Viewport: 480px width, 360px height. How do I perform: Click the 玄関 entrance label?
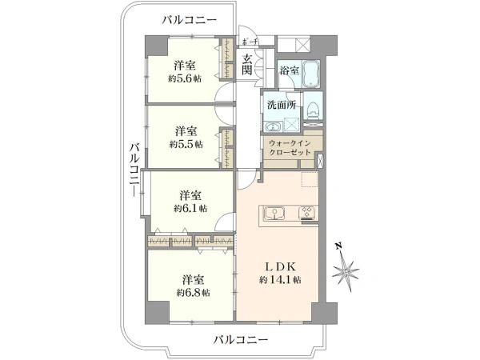[246, 65]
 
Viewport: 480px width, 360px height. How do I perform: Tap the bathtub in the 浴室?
[311, 73]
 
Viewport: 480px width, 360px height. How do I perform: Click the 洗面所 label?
[282, 105]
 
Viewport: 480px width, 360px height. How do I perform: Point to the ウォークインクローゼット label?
[290, 147]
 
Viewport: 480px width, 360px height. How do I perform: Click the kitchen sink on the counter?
[274, 213]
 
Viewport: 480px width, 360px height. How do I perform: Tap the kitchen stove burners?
[307, 212]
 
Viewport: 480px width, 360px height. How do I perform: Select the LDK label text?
[280, 266]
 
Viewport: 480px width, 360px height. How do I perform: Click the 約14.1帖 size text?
[280, 279]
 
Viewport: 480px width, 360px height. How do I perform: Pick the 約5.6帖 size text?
[185, 78]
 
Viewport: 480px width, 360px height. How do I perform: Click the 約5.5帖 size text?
[186, 143]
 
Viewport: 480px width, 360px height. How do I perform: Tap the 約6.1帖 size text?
[190, 209]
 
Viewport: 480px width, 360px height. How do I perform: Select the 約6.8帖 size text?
[193, 293]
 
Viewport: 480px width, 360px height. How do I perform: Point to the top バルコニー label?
[190, 20]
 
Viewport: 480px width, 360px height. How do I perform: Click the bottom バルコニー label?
[241, 339]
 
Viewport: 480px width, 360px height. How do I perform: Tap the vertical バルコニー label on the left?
[134, 170]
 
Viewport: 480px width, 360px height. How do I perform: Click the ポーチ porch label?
[250, 42]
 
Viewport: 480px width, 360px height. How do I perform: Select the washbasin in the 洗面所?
[273, 126]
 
